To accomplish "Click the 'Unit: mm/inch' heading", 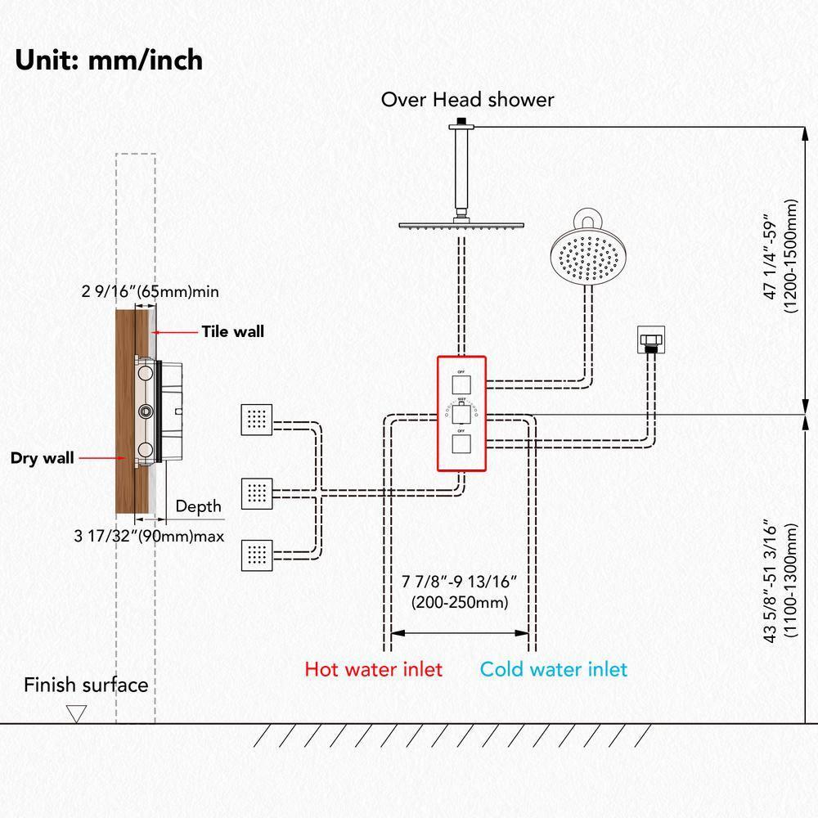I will [108, 60].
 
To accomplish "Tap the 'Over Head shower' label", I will [467, 100].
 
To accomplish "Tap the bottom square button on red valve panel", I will [461, 444].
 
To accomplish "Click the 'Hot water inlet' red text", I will [373, 669].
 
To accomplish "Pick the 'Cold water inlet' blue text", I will [553, 669].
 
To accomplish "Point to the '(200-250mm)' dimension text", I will [460, 603].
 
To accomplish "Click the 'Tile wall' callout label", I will [233, 331].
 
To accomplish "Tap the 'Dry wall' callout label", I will [42, 458].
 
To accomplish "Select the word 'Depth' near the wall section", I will [199, 506].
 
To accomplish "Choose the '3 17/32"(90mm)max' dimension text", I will [149, 537].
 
